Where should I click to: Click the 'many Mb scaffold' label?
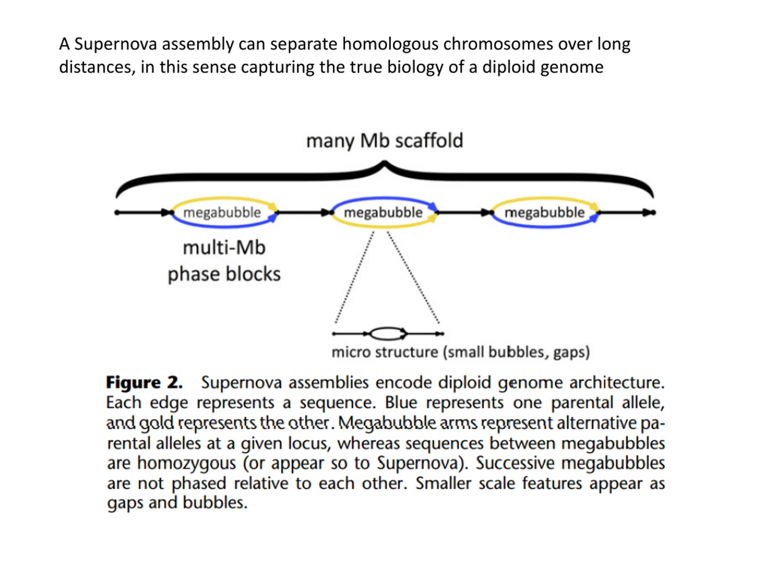385,141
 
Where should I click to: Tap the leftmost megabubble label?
222,212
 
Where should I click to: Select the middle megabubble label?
383,212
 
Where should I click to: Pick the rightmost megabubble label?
545,212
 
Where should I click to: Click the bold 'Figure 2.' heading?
144,382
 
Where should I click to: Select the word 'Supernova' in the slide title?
115,44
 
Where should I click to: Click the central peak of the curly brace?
384,162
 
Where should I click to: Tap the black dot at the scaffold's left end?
117,212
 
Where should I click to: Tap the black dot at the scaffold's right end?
653,212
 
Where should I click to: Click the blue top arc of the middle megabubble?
383,199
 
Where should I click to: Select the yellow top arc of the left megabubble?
224,199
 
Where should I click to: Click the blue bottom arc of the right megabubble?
545,226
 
